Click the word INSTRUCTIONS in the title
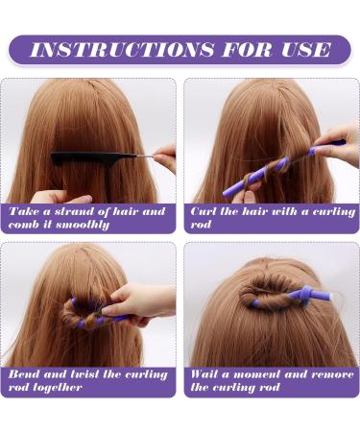coord(122,50)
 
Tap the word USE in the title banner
coord(305,50)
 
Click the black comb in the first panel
coord(94,158)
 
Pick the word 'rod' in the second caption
coord(201,225)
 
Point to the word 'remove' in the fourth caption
coord(332,374)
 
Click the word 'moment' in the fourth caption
coord(256,374)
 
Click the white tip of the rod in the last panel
coord(331,297)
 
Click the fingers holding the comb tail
coord(165,158)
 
